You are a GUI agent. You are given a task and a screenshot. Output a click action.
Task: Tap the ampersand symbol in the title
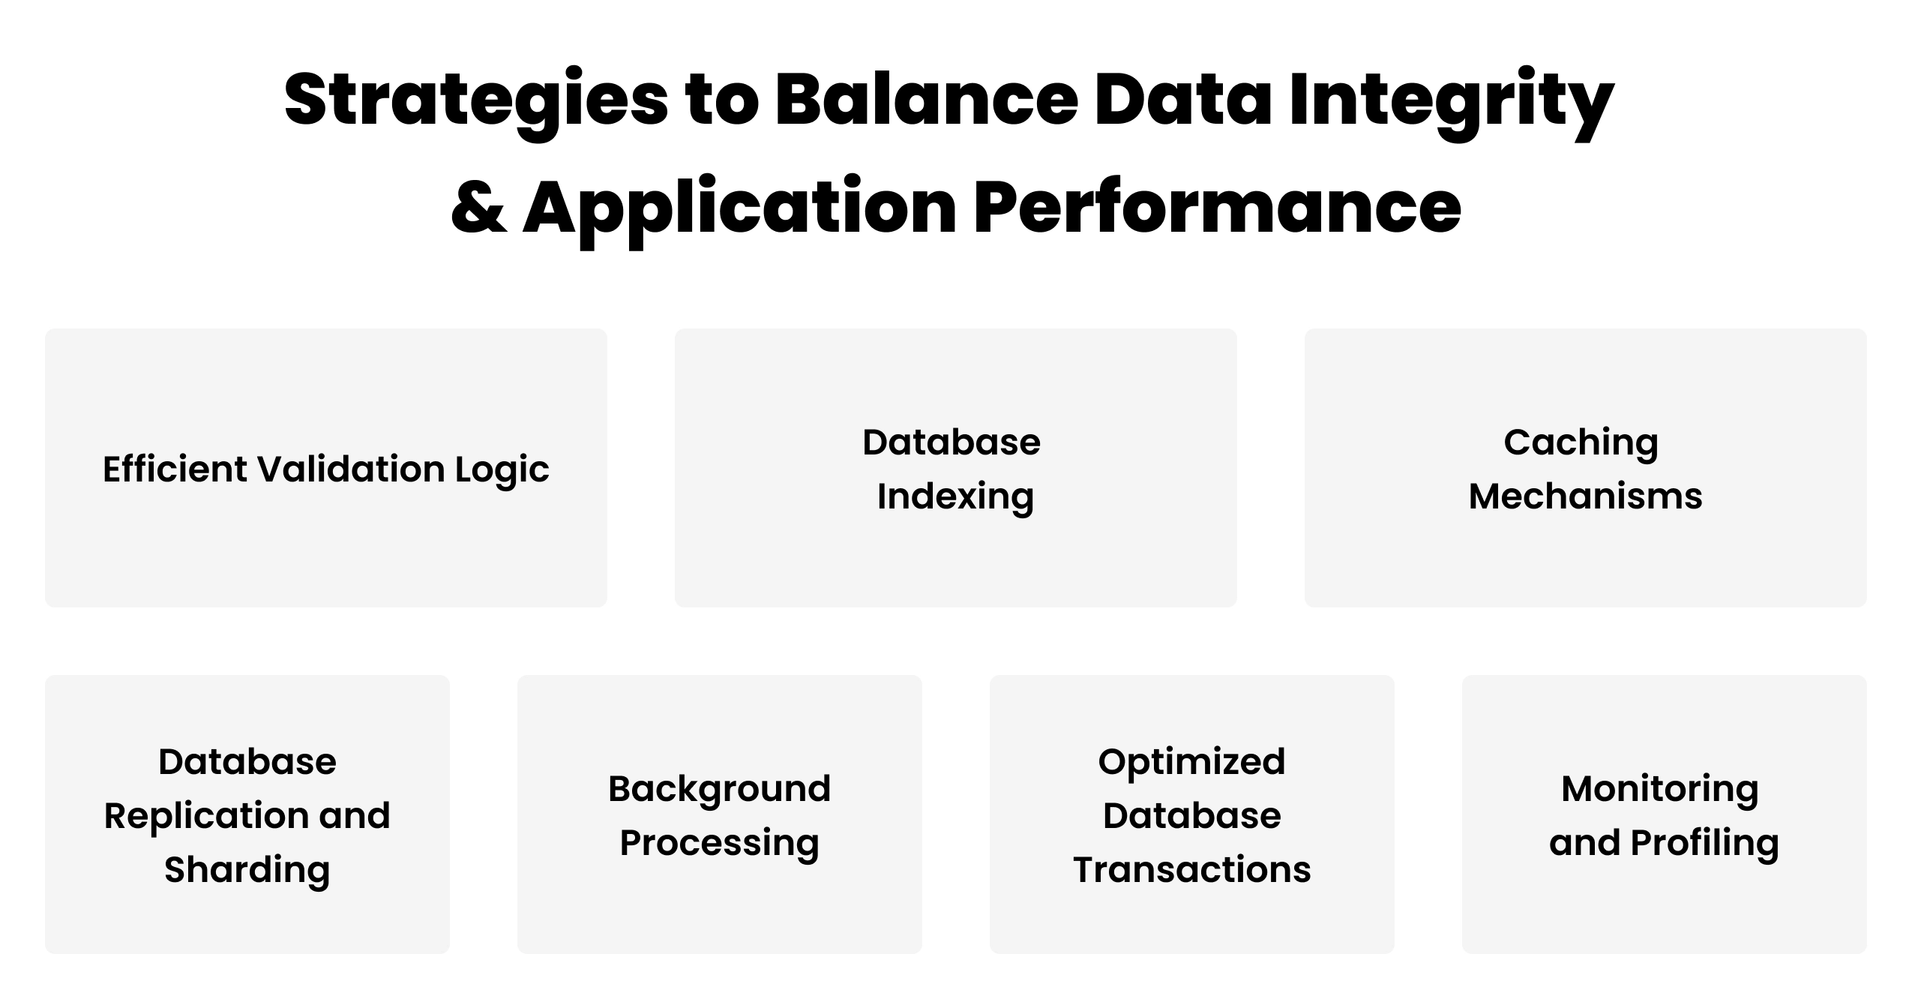pos(478,208)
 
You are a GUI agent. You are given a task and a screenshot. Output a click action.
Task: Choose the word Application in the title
pos(739,208)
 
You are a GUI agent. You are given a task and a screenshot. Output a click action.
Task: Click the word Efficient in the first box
pos(174,469)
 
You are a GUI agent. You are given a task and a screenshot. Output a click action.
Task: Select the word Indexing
pos(955,497)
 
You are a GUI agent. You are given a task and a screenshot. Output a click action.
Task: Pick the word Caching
pos(1581,443)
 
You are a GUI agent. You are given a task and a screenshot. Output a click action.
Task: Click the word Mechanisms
pos(1585,496)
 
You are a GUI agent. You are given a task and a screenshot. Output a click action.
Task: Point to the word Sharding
pos(247,871)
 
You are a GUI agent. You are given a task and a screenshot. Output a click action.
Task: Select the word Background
pos(719,790)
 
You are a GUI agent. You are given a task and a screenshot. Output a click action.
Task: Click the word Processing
pos(719,844)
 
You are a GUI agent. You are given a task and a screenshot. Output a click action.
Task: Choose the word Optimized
pos(1191,763)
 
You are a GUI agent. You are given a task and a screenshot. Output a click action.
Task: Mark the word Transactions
pos(1191,870)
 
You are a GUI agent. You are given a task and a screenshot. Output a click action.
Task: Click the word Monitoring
pos(1659,790)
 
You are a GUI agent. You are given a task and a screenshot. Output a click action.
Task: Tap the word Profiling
pos(1704,844)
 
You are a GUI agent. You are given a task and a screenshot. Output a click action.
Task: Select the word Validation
pos(351,469)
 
